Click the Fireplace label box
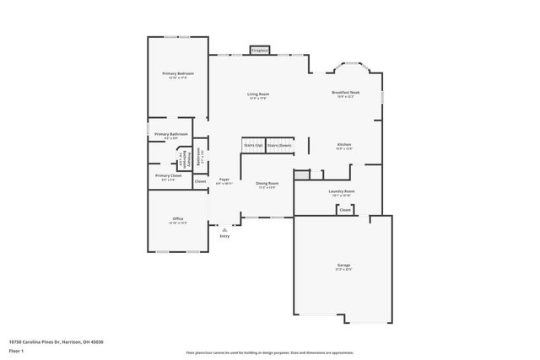click(x=259, y=51)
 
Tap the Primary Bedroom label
click(x=178, y=74)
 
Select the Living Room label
click(x=258, y=94)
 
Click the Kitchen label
click(x=344, y=145)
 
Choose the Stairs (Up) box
click(x=253, y=146)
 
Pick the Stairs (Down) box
click(x=279, y=146)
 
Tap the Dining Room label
click(x=267, y=184)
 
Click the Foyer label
click(x=224, y=180)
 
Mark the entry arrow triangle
click(x=224, y=228)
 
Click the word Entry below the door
click(x=224, y=236)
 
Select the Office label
click(x=178, y=219)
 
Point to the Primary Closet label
click(x=169, y=176)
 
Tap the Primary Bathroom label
click(x=171, y=135)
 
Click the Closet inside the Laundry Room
click(x=345, y=209)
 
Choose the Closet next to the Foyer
click(x=200, y=181)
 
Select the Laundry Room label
click(x=342, y=192)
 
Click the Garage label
click(x=343, y=267)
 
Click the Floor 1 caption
click(x=16, y=351)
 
